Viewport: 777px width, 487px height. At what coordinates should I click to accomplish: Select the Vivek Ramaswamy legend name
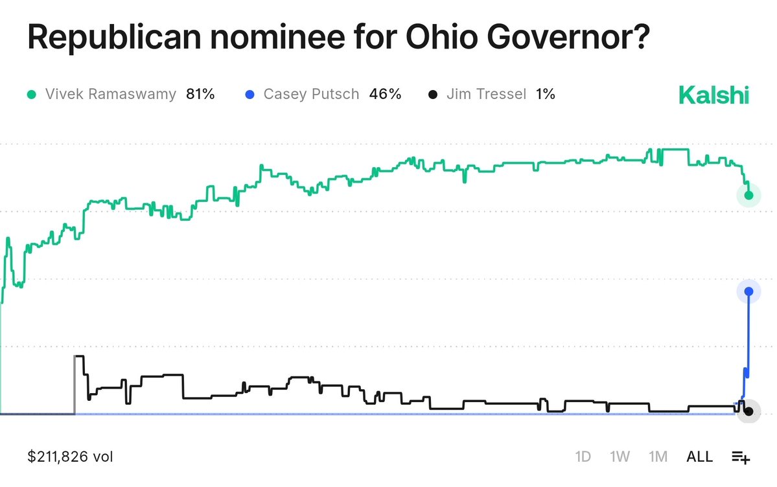[111, 95]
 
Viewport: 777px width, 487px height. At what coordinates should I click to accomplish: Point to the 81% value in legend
[200, 95]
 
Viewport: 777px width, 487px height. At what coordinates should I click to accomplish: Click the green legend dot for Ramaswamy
[31, 95]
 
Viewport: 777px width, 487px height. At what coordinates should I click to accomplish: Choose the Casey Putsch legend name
[311, 95]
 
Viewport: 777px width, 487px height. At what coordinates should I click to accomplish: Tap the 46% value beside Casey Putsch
[385, 95]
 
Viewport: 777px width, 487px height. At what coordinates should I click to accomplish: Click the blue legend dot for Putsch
[249, 95]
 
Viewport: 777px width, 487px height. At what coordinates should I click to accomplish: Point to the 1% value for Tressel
[546, 95]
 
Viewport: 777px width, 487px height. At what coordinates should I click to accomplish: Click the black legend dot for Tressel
[432, 95]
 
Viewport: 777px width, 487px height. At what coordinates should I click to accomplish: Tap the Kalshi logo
[713, 95]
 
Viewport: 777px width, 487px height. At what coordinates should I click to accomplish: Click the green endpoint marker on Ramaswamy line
[748, 195]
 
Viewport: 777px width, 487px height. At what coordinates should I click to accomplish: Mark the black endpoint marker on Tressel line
[748, 411]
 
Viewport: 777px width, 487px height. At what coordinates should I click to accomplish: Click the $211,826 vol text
[70, 457]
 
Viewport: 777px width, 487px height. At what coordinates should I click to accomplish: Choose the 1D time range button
[583, 457]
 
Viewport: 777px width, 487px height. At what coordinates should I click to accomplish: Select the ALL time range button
[699, 457]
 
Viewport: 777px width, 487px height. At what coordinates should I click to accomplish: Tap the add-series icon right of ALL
[741, 457]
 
